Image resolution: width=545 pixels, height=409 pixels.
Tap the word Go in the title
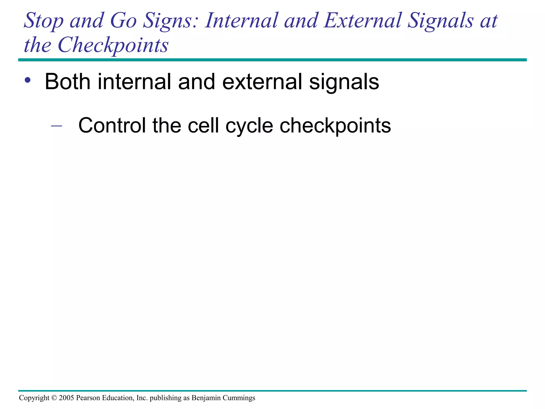point(123,21)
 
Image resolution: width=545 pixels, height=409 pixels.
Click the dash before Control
point(56,125)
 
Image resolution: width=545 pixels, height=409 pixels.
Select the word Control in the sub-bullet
point(112,125)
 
